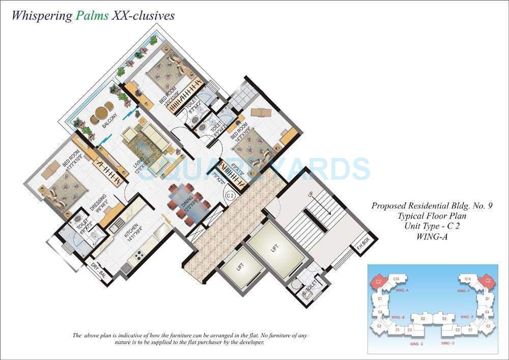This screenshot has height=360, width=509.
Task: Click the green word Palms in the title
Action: pyautogui.click(x=92, y=15)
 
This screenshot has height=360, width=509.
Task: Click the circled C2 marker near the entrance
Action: pyautogui.click(x=230, y=195)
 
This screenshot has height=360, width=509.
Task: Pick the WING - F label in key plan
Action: pyautogui.click(x=469, y=290)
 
